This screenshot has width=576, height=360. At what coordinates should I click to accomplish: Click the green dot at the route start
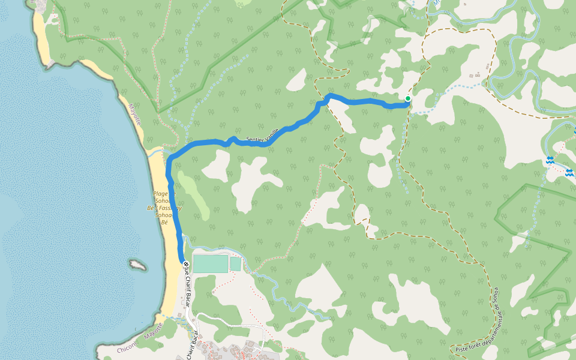(x=408, y=98)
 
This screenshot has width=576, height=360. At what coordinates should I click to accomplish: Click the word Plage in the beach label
(x=160, y=194)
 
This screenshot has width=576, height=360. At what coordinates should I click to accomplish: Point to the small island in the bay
(x=138, y=265)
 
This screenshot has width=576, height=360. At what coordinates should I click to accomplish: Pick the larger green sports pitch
(x=211, y=263)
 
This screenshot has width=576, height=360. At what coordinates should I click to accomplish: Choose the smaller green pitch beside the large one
(x=235, y=263)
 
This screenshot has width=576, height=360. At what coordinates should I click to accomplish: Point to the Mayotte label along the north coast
(x=135, y=114)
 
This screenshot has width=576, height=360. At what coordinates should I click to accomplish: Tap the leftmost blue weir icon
(x=550, y=160)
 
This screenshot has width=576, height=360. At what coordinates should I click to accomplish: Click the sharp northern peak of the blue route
(x=329, y=95)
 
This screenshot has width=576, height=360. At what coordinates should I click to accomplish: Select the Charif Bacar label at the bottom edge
(x=192, y=346)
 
